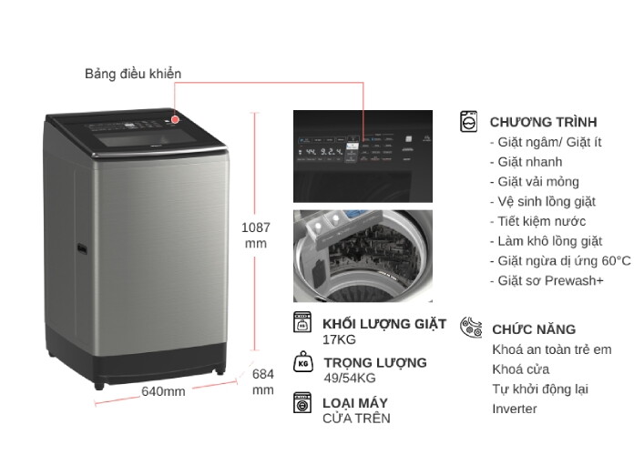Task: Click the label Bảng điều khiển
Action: (133, 74)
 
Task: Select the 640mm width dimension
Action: (163, 391)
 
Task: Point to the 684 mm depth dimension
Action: (262, 381)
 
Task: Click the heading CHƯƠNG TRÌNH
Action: (543, 122)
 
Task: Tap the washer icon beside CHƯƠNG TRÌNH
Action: (469, 122)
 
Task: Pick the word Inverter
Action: (515, 409)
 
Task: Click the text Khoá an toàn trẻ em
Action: (551, 349)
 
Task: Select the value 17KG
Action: (340, 339)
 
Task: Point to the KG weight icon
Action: (302, 363)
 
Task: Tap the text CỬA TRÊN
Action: (356, 419)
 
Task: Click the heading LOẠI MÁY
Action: (355, 403)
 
